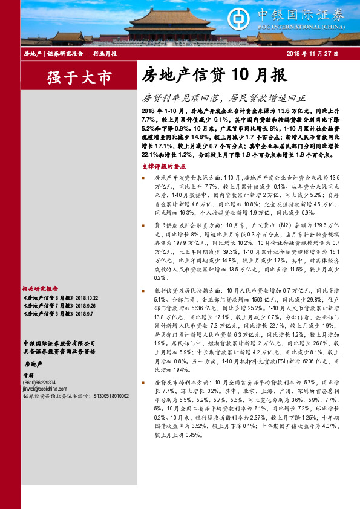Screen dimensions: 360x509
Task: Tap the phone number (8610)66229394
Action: coord(39,383)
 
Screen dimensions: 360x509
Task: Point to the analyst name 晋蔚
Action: coord(28,376)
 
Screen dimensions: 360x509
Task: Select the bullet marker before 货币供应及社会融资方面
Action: coord(143,225)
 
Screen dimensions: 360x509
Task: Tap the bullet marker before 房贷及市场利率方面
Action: coord(143,383)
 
